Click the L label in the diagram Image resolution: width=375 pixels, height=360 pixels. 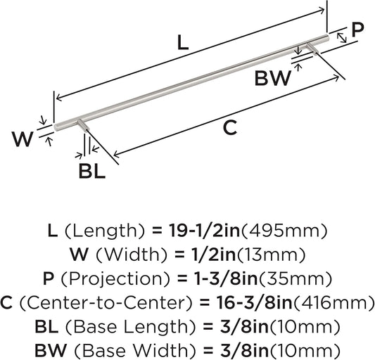coord(182,43)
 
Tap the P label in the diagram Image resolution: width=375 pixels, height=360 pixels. coord(357,29)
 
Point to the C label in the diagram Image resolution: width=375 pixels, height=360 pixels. coord(230,127)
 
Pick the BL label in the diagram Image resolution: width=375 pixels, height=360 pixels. coord(91,172)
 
